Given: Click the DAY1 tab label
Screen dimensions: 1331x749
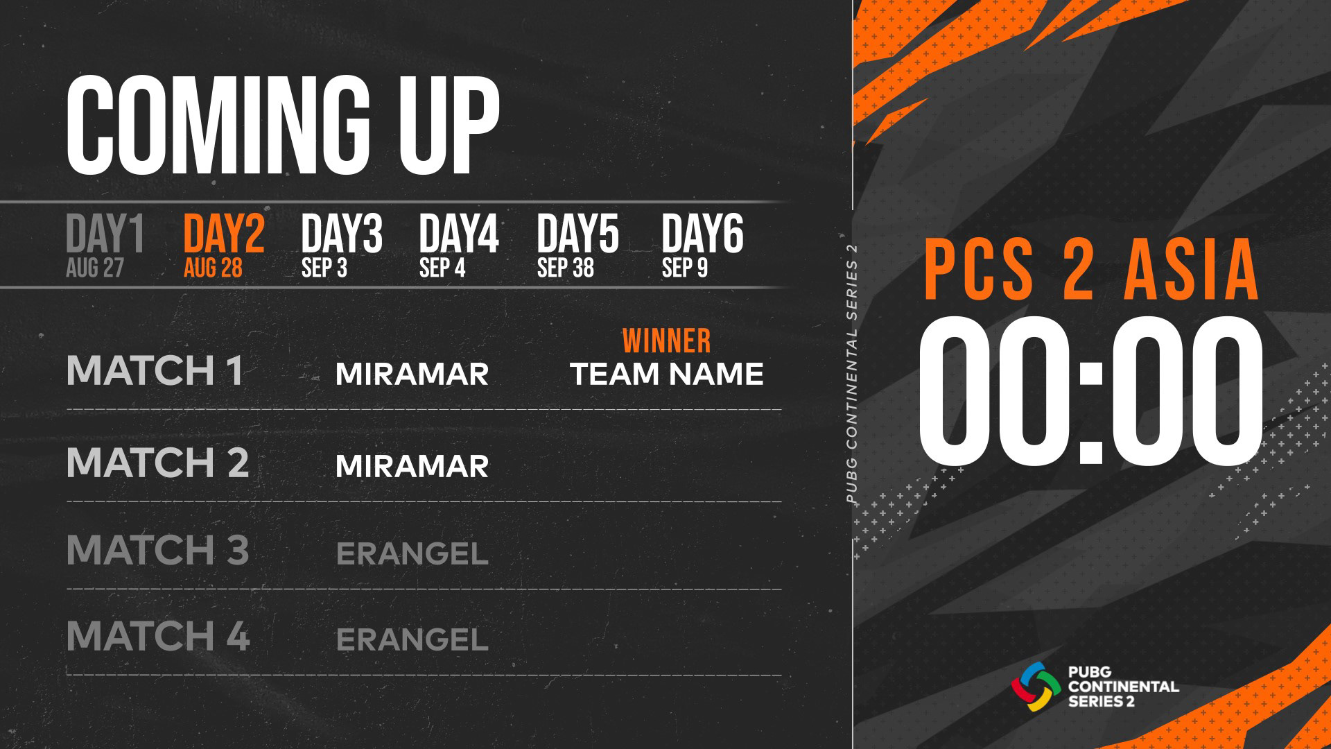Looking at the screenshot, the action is (x=105, y=234).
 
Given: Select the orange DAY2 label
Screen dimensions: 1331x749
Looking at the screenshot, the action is (x=224, y=234).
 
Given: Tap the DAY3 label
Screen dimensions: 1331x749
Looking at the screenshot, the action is (x=342, y=234).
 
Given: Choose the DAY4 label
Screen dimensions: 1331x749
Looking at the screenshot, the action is (x=459, y=234).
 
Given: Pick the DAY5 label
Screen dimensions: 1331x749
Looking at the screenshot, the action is (x=577, y=234).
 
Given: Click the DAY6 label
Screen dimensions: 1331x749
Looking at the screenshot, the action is (x=702, y=234).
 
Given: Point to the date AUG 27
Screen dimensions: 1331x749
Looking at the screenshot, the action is (x=95, y=268).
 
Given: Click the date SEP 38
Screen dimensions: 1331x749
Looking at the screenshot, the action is (x=566, y=268).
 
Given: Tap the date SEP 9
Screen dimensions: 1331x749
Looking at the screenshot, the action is (x=685, y=268).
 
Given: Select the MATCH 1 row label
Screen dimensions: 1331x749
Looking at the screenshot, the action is (x=155, y=370).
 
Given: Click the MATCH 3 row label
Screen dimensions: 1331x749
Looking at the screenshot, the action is (x=157, y=550).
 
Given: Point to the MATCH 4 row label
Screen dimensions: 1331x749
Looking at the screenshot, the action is (x=158, y=636).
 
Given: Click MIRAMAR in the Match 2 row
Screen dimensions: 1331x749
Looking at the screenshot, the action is (x=412, y=467).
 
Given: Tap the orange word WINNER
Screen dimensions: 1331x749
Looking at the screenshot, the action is (x=666, y=341).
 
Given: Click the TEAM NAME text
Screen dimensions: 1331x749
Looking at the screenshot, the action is (x=667, y=374).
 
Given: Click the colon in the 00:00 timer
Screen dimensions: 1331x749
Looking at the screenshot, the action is (x=1091, y=411).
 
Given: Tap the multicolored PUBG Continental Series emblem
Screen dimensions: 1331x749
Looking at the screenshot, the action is (x=1036, y=687).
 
